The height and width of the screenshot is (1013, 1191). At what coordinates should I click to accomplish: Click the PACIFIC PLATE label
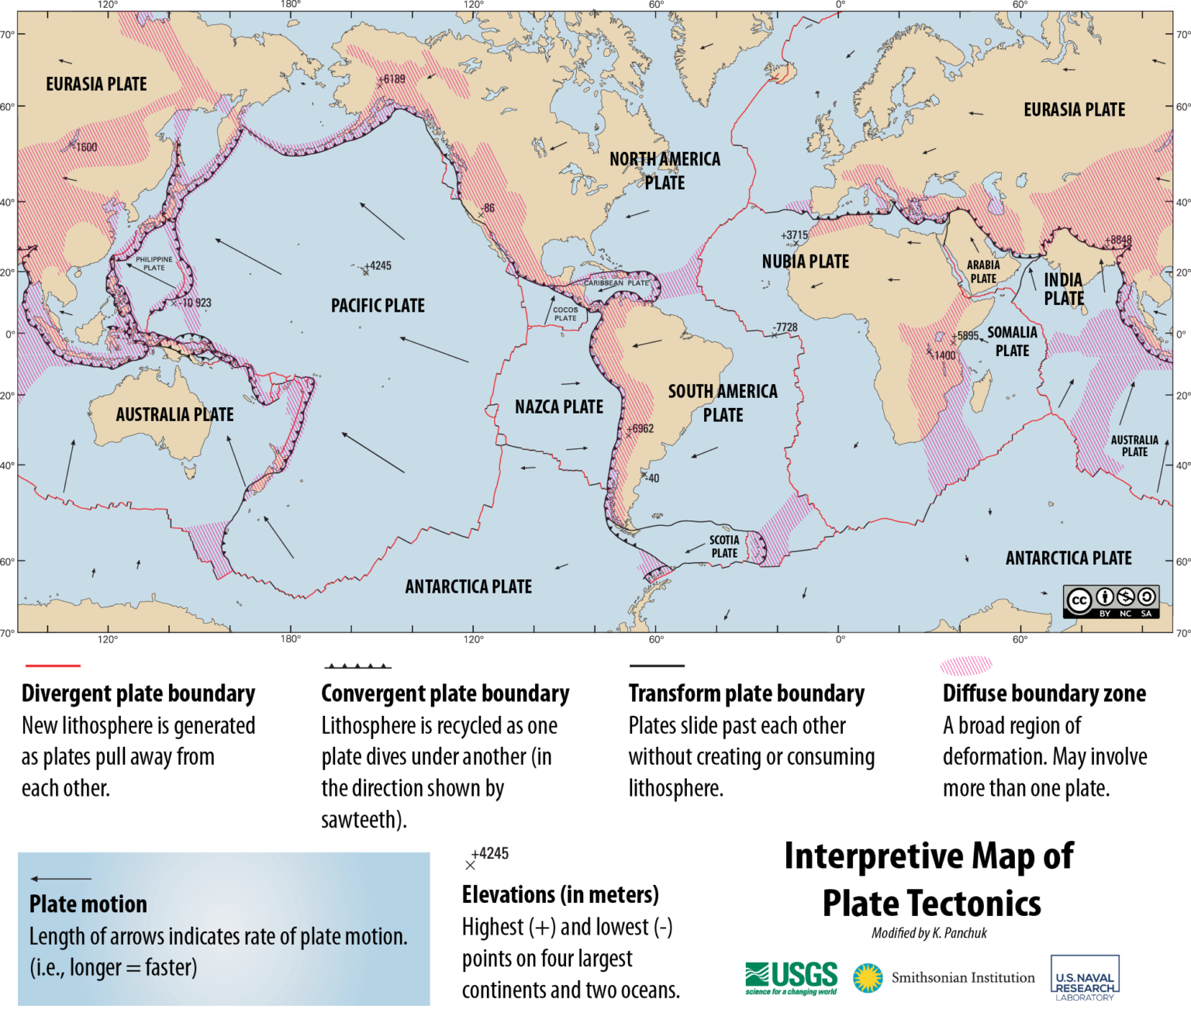tap(378, 306)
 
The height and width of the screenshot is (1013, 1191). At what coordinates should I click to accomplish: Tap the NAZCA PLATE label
tap(558, 406)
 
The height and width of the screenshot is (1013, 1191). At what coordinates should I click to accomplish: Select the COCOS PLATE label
tap(565, 313)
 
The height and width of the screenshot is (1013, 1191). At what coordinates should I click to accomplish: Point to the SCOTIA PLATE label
tap(724, 546)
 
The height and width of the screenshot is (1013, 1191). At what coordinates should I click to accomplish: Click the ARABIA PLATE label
tap(983, 271)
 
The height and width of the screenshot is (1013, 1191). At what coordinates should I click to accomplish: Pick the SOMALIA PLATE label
tap(1012, 341)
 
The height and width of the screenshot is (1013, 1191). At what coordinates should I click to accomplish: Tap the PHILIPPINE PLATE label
tap(154, 264)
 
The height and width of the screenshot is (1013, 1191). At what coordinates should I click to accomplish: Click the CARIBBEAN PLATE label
tap(616, 283)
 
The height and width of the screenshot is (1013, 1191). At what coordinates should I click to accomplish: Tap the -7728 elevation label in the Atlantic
tap(785, 327)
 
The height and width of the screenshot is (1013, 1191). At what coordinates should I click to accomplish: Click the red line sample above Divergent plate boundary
tap(53, 666)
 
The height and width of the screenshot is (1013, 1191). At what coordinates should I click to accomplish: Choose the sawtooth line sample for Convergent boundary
tap(357, 666)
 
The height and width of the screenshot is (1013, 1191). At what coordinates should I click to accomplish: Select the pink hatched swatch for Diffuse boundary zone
tap(965, 665)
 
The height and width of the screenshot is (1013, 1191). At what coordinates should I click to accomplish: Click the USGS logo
tap(791, 977)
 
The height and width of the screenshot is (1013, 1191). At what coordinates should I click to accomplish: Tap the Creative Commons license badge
tap(1110, 601)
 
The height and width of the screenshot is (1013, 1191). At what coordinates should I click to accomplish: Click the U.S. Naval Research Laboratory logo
tap(1084, 979)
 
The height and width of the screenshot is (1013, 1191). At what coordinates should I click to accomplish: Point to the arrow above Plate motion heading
tap(60, 879)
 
